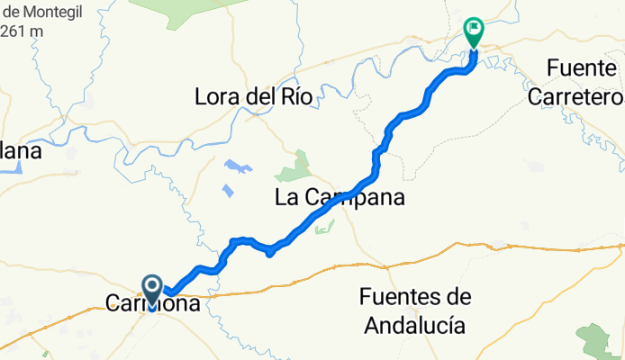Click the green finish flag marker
point(473,31)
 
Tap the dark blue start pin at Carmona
point(151,289)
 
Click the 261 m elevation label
point(22,30)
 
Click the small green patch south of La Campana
point(319,229)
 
